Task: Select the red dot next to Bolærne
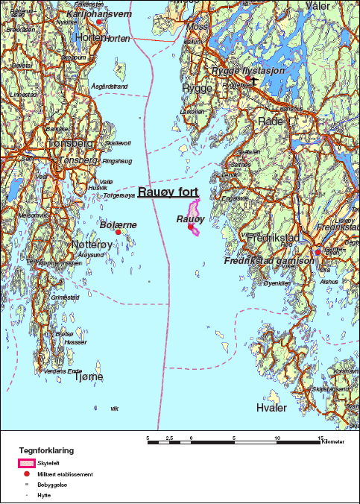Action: pos(118,232)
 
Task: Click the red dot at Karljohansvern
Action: pos(99,22)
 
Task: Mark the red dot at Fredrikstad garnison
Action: pos(318,252)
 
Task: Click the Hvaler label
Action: pos(271,408)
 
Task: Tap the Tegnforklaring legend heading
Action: pos(46,450)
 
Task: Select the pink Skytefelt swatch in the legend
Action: pos(26,463)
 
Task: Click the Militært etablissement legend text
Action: pos(69,474)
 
